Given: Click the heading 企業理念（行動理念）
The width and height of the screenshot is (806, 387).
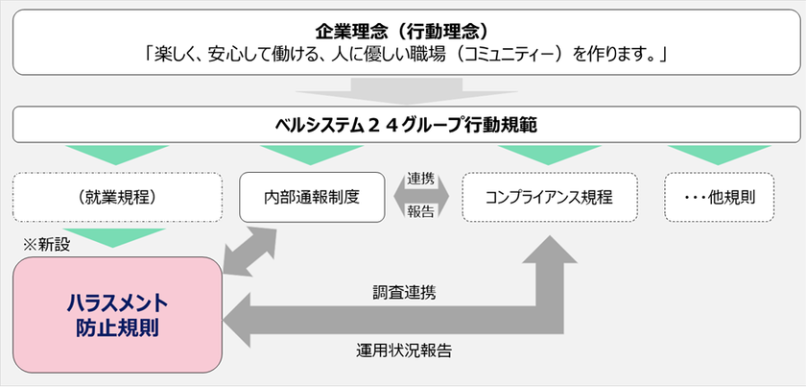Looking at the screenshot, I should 403,27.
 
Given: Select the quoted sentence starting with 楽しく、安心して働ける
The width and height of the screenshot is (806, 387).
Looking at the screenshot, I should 403,55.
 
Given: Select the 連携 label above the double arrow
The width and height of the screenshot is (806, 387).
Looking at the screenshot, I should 420,179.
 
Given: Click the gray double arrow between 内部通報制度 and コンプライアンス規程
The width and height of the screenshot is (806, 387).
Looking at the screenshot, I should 420,197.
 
